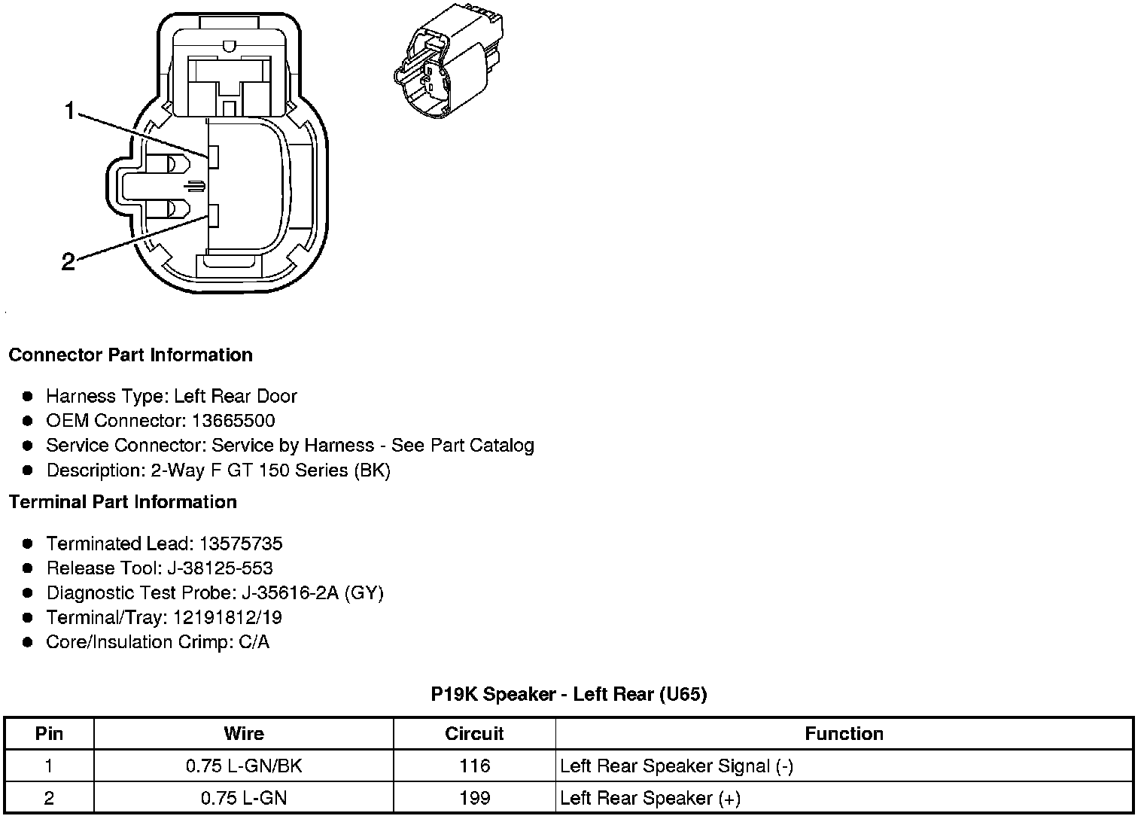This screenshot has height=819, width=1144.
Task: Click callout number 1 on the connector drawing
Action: [x=69, y=112]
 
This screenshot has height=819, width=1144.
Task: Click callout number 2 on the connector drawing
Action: [x=68, y=262]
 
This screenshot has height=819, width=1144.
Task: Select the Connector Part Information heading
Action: [x=130, y=355]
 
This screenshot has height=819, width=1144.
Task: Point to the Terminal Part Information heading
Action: [x=123, y=502]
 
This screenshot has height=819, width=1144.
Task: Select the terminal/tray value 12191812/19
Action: [x=227, y=618]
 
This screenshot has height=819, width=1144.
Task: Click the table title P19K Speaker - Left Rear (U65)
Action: [x=569, y=694]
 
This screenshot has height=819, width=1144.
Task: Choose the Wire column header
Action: [x=244, y=734]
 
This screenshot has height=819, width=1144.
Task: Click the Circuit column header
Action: [x=474, y=734]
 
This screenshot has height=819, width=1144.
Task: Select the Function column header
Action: [x=844, y=734]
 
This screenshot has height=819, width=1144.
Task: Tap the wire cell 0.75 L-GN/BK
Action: [x=244, y=766]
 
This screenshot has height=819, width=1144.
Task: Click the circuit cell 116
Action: [x=474, y=766]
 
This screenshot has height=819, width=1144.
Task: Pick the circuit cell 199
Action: [x=474, y=798]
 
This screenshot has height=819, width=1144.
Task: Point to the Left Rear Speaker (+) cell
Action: [x=650, y=798]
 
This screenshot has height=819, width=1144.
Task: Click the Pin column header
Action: [x=49, y=734]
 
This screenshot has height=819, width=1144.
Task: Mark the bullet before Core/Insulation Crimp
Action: [x=28, y=642]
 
